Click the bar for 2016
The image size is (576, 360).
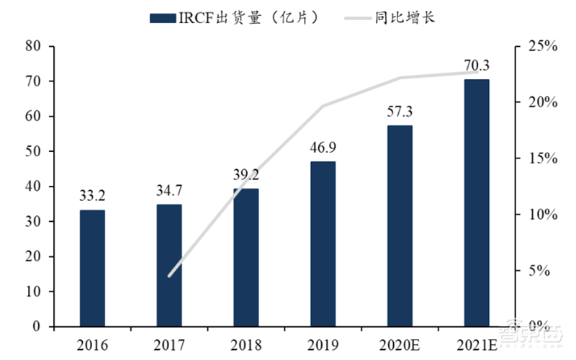coord(92,268)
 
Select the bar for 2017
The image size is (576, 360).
coord(168,265)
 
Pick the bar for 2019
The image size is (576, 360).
coord(323,243)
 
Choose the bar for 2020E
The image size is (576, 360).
coord(400,225)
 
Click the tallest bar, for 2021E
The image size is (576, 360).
coord(476,202)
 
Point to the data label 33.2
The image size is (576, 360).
coord(92,196)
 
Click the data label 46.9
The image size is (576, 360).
coord(323,148)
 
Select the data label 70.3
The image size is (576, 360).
coord(476,66)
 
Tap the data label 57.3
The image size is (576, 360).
coord(400,112)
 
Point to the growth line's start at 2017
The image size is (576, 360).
coord(168,276)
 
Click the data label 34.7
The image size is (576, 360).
coord(168,191)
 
